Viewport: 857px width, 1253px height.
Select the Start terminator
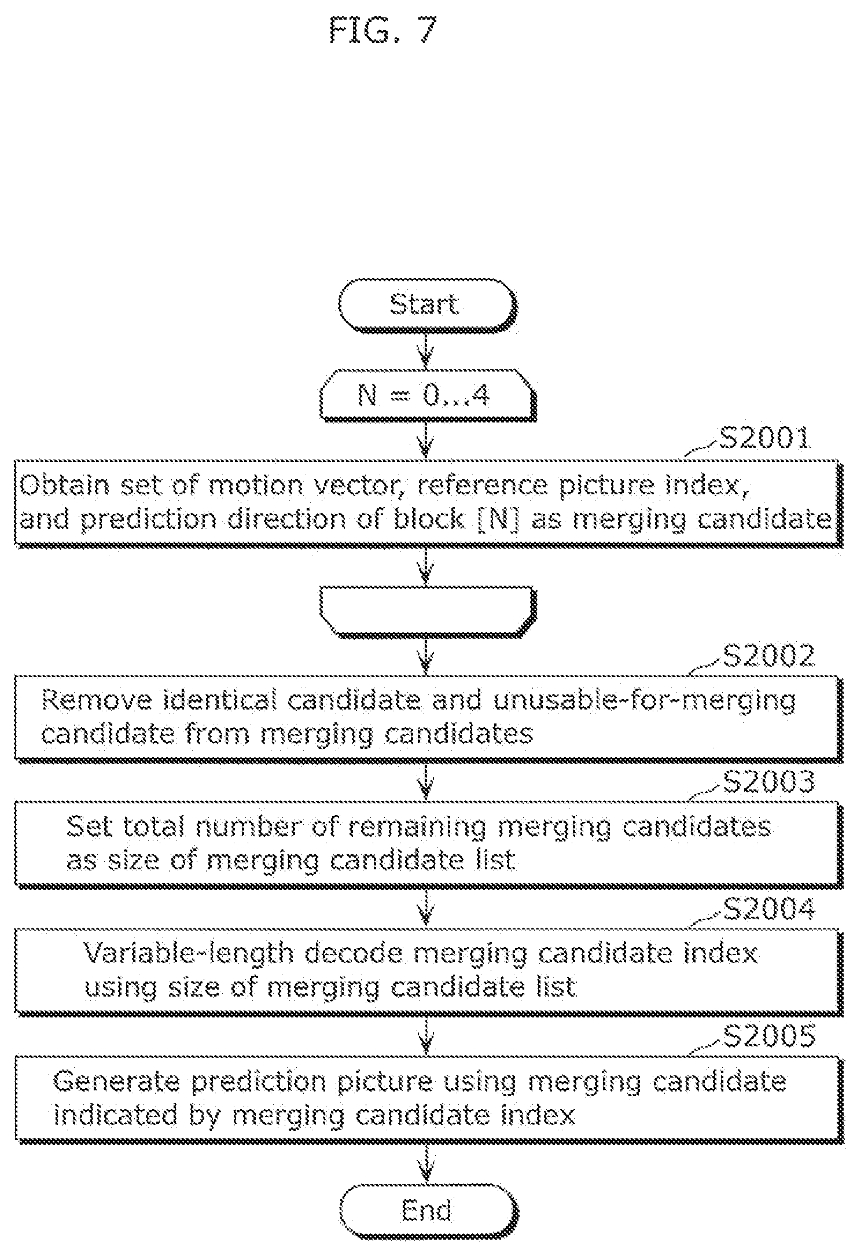coord(427,306)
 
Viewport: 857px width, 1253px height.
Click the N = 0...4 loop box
coord(427,396)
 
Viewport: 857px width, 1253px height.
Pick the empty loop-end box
coord(427,612)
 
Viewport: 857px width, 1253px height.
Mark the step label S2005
coord(768,1036)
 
